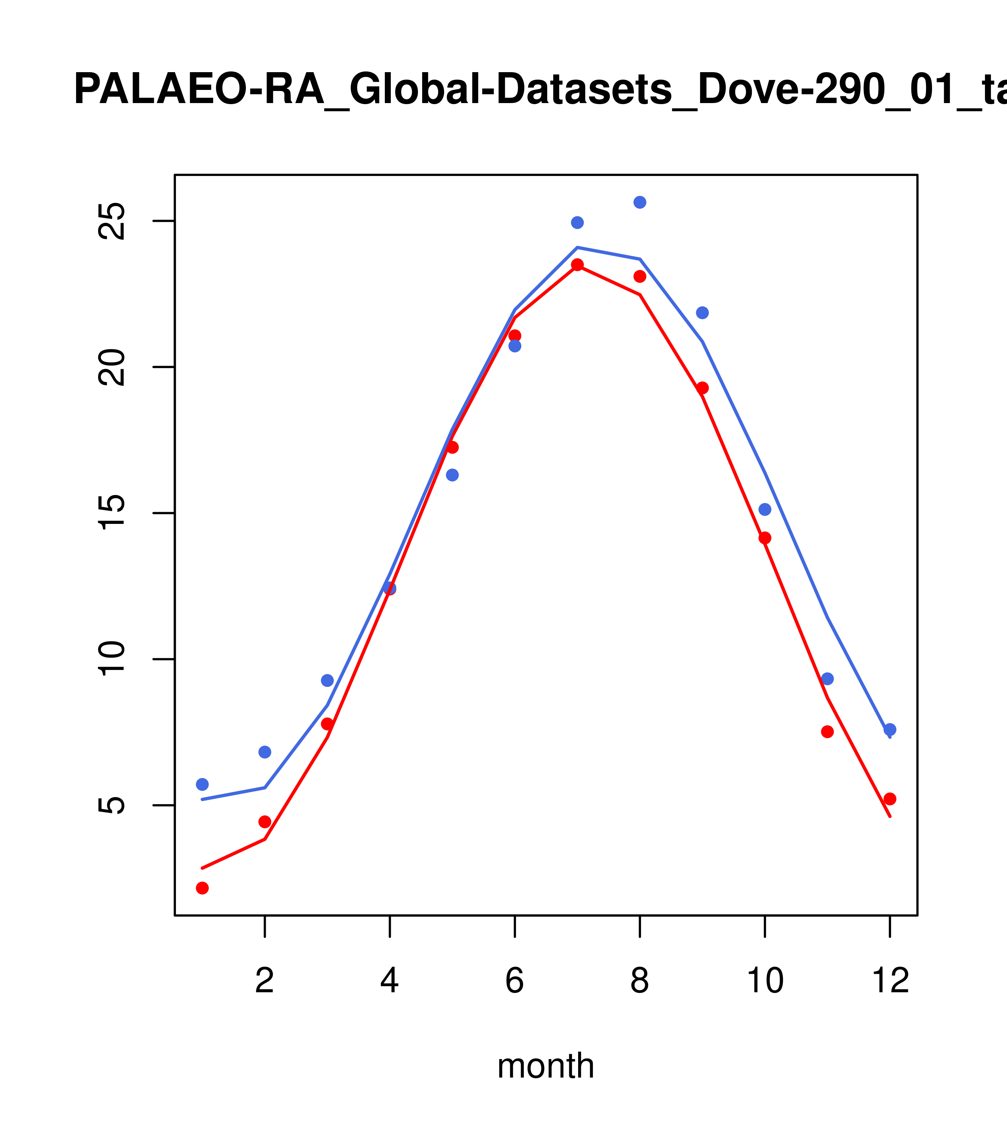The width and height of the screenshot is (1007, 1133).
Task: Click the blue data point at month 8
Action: [640, 202]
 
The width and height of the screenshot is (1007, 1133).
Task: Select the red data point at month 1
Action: [202, 888]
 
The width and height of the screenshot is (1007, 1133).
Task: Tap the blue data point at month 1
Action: [202, 784]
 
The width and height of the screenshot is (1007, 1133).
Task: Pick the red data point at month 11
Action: [828, 732]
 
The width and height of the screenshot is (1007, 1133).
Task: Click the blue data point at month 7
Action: [577, 222]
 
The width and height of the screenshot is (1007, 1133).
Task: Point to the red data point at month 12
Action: [890, 799]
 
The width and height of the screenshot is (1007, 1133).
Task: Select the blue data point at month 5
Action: [452, 475]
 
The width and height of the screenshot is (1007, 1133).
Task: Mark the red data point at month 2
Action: [265, 821]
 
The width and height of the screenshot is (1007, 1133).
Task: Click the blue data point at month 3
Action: [328, 681]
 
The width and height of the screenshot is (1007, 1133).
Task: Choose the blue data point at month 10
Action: [765, 509]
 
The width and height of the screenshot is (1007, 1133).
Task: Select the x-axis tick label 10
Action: [765, 981]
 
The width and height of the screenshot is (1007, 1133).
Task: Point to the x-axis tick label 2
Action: [265, 981]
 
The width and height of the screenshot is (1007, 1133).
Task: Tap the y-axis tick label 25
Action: [113, 221]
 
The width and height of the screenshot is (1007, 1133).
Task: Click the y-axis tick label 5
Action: [113, 805]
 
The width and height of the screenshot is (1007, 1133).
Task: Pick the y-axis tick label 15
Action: [113, 513]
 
